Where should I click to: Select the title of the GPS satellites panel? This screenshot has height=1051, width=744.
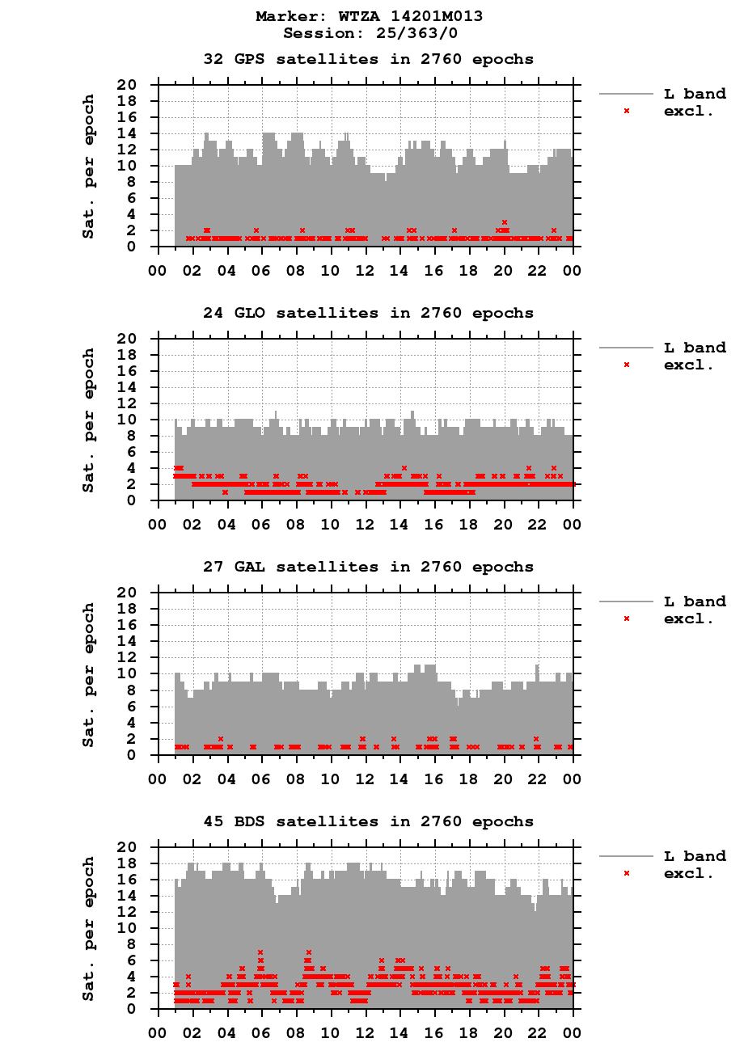(368, 59)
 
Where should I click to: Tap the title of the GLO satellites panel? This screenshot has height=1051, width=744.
(368, 313)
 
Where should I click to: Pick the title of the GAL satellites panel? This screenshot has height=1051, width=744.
(368, 567)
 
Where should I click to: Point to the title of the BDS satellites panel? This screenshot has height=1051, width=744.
(368, 821)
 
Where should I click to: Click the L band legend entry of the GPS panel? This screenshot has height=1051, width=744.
(695, 94)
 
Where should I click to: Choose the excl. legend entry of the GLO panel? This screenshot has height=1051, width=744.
(688, 365)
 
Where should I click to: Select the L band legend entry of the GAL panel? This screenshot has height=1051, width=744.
(695, 601)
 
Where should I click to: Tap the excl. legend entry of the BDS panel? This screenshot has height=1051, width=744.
(688, 873)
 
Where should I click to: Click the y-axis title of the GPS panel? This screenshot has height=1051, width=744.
(88, 167)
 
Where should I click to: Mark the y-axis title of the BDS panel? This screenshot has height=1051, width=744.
(88, 928)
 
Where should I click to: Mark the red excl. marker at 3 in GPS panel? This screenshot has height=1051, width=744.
(505, 222)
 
